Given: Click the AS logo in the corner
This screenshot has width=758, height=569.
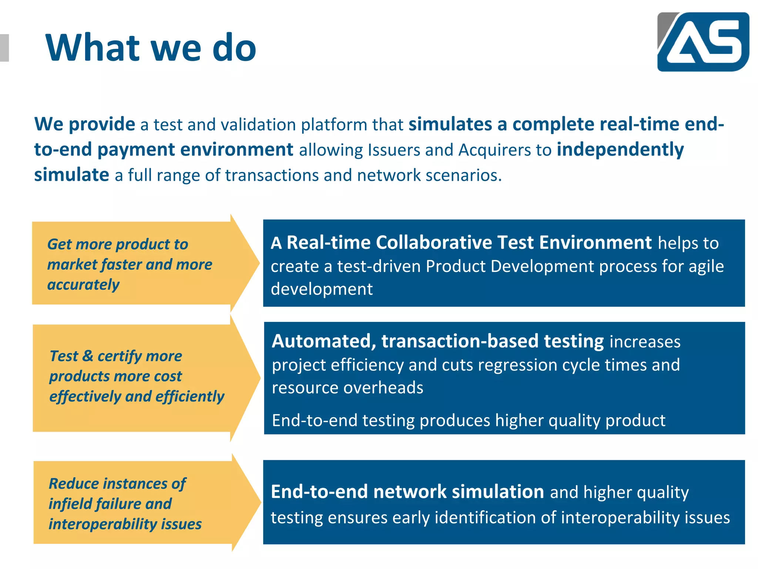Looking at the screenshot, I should click(x=703, y=42).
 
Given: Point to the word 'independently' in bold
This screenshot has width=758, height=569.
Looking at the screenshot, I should click(x=620, y=150).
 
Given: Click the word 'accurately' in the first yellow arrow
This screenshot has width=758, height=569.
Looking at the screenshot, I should click(x=84, y=284).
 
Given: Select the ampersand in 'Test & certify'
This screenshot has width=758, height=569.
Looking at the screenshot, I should click(x=88, y=356).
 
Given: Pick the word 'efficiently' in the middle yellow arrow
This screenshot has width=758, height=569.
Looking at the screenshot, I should click(x=190, y=396).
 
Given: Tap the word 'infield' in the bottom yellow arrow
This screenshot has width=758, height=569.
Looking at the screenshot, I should click(x=69, y=504).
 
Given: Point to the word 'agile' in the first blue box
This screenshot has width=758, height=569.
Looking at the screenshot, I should click(x=706, y=266).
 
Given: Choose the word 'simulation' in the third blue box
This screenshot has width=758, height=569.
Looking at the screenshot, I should click(x=498, y=492).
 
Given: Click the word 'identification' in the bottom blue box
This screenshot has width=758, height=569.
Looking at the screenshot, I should click(x=485, y=518).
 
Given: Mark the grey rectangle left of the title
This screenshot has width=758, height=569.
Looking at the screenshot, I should click(x=4, y=47).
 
